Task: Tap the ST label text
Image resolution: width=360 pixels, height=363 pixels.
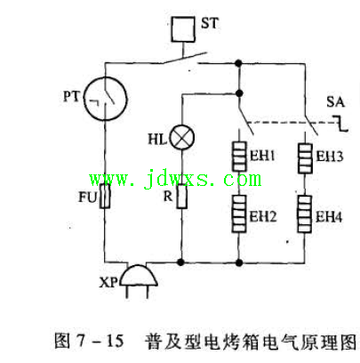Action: (x=210, y=23)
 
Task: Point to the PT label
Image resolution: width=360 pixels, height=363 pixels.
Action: (x=71, y=96)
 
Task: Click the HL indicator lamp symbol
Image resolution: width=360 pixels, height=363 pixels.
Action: (x=181, y=138)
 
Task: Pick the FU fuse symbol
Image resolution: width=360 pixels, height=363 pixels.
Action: (x=105, y=196)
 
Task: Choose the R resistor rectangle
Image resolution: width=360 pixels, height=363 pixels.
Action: (x=181, y=196)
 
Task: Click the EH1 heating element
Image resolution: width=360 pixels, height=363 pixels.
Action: (x=239, y=157)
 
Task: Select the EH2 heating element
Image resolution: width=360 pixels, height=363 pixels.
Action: (x=239, y=214)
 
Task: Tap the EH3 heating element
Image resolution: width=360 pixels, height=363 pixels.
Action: (x=305, y=158)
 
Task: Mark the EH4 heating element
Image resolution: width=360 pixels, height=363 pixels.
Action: (x=305, y=214)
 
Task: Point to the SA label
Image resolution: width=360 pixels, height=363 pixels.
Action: (x=335, y=102)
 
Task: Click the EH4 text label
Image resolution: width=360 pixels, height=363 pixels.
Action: (x=329, y=217)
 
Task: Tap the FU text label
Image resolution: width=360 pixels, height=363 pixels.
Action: (x=88, y=197)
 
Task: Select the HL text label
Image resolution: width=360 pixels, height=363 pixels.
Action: (x=157, y=139)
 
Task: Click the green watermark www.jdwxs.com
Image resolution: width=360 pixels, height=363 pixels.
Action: (x=175, y=179)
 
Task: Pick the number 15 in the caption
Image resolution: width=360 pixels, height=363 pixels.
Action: (x=115, y=341)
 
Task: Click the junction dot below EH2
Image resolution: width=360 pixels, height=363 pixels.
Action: (x=239, y=262)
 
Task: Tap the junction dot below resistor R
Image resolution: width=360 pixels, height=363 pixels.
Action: (x=180, y=262)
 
